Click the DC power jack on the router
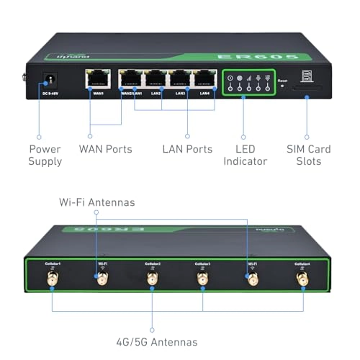(50, 78)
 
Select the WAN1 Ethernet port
(96, 78)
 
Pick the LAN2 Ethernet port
(156, 78)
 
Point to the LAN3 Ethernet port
(180, 78)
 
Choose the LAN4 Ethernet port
(204, 78)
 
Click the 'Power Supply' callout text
(45, 155)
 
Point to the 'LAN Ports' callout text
(186, 149)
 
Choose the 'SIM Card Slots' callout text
(308, 155)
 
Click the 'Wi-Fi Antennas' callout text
(96, 202)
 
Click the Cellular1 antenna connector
(52, 278)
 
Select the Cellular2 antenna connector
(152, 278)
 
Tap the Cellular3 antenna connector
(202, 278)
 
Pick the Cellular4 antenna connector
(302, 278)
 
